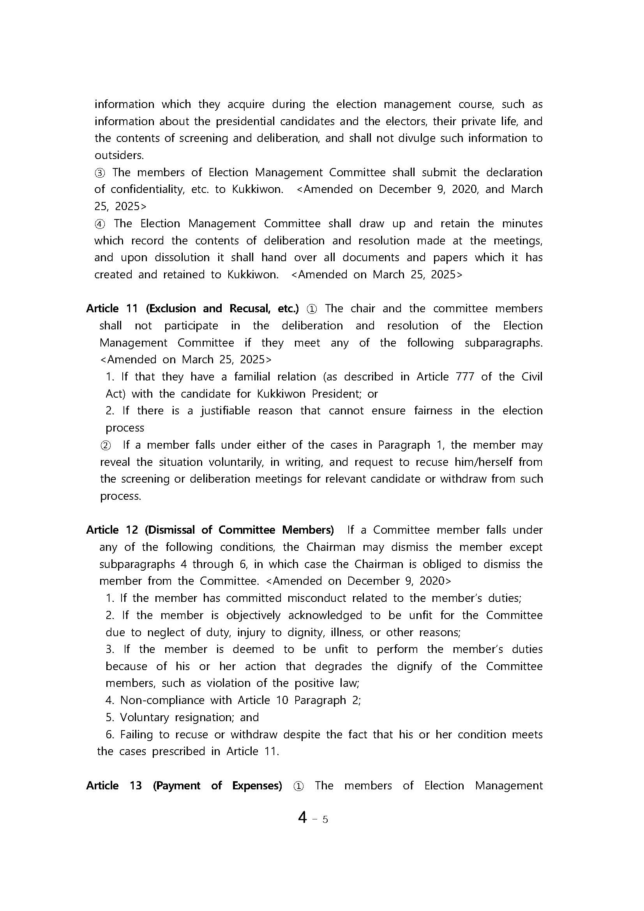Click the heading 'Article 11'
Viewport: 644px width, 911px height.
point(111,309)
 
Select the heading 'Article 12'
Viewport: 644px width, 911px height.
point(111,530)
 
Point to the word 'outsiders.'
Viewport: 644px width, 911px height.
point(119,155)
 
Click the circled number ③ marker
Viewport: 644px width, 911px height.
point(100,173)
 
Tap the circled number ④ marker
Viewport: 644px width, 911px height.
point(100,224)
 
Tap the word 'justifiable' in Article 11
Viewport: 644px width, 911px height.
point(225,410)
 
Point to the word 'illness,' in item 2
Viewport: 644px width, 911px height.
point(348,632)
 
